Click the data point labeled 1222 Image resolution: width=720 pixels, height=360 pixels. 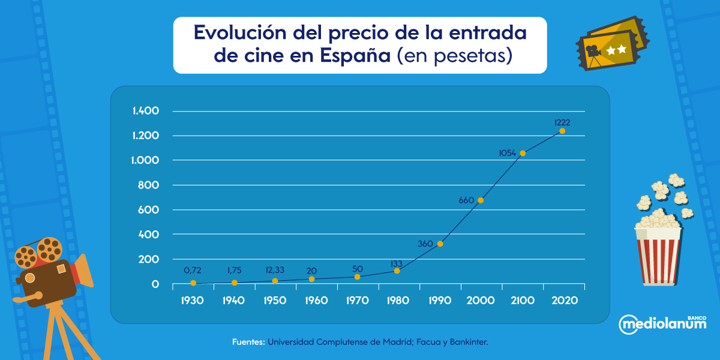pos(562,131)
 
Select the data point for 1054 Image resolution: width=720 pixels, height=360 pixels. pos(523,153)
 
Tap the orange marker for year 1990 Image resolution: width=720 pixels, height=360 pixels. pos(440,244)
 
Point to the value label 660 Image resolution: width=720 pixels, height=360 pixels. pos(466,200)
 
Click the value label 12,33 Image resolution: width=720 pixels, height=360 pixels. pos(275,270)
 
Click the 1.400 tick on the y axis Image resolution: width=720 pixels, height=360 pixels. pos(145,111)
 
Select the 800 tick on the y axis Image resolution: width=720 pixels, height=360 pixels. pos(149,185)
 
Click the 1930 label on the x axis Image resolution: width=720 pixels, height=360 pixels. pos(193,300)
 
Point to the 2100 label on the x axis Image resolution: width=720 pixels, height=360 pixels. pos(523,300)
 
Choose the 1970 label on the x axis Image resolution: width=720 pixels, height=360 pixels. pos(358,300)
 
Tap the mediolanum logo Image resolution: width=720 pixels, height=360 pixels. pos(662,324)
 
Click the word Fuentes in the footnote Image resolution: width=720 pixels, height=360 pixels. pos(248,342)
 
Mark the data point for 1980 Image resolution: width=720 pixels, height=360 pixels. pos(397,271)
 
